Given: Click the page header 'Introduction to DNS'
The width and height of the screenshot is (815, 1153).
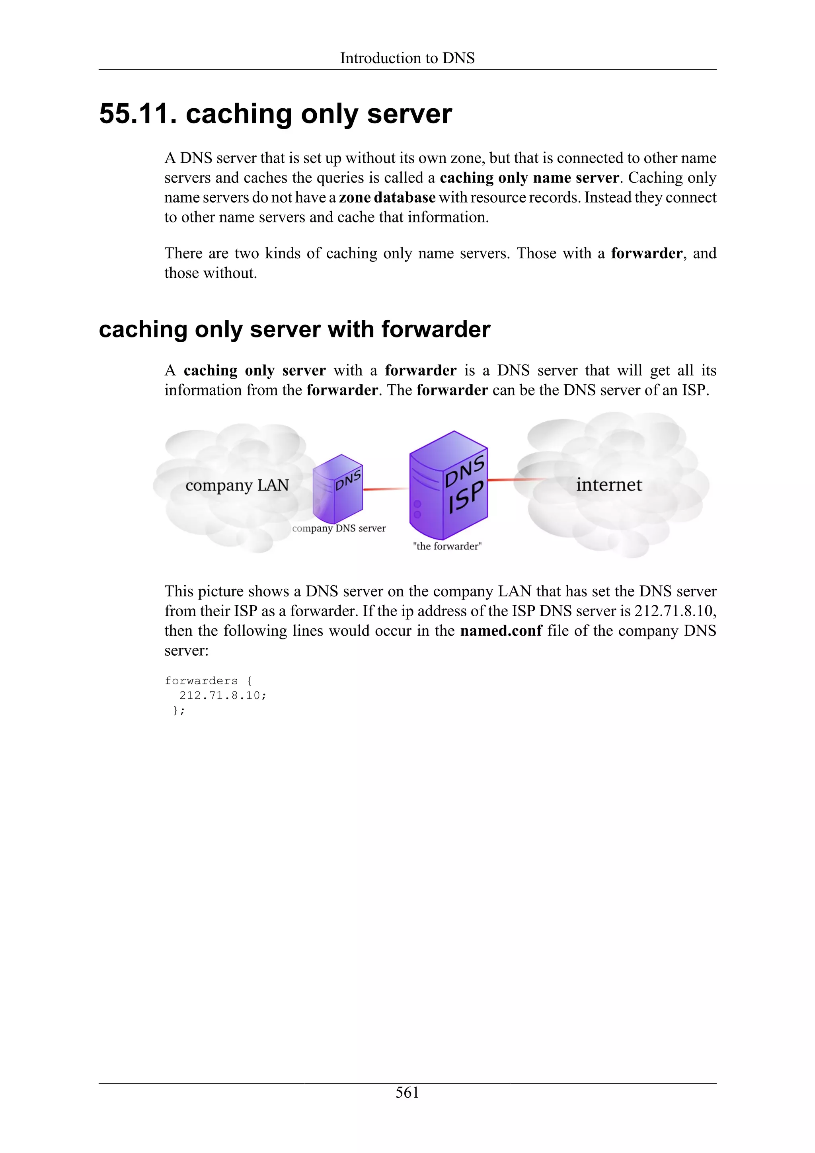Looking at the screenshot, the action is (x=407, y=58).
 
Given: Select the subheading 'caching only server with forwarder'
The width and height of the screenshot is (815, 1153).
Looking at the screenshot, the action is (x=294, y=330).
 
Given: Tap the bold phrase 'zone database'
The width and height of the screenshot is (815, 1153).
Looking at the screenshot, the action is (x=387, y=197).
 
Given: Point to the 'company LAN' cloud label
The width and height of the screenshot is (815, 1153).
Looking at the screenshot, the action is (x=237, y=485).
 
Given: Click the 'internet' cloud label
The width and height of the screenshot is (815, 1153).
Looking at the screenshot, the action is (x=608, y=485).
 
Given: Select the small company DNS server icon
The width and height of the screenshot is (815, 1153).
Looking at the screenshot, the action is (x=337, y=489).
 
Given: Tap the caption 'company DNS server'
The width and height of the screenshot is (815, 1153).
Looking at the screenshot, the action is (x=339, y=528).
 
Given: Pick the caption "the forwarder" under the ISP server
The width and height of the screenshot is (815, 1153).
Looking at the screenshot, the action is (x=447, y=546).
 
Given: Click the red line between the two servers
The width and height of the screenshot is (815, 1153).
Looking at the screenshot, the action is (x=386, y=489).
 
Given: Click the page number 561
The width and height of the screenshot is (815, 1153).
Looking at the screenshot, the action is (x=407, y=1092).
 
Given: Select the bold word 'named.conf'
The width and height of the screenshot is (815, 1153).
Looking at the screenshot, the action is (x=501, y=631).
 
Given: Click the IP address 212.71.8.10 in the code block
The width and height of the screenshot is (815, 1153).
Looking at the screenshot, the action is (x=222, y=695).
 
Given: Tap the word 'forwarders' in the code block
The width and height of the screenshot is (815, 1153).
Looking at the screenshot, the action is (x=201, y=681).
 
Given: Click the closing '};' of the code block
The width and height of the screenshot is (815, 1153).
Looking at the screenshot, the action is (x=179, y=711).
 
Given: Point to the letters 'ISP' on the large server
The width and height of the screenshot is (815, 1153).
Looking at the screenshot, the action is (x=466, y=497).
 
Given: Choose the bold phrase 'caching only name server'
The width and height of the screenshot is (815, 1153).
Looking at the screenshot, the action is (x=529, y=178).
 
